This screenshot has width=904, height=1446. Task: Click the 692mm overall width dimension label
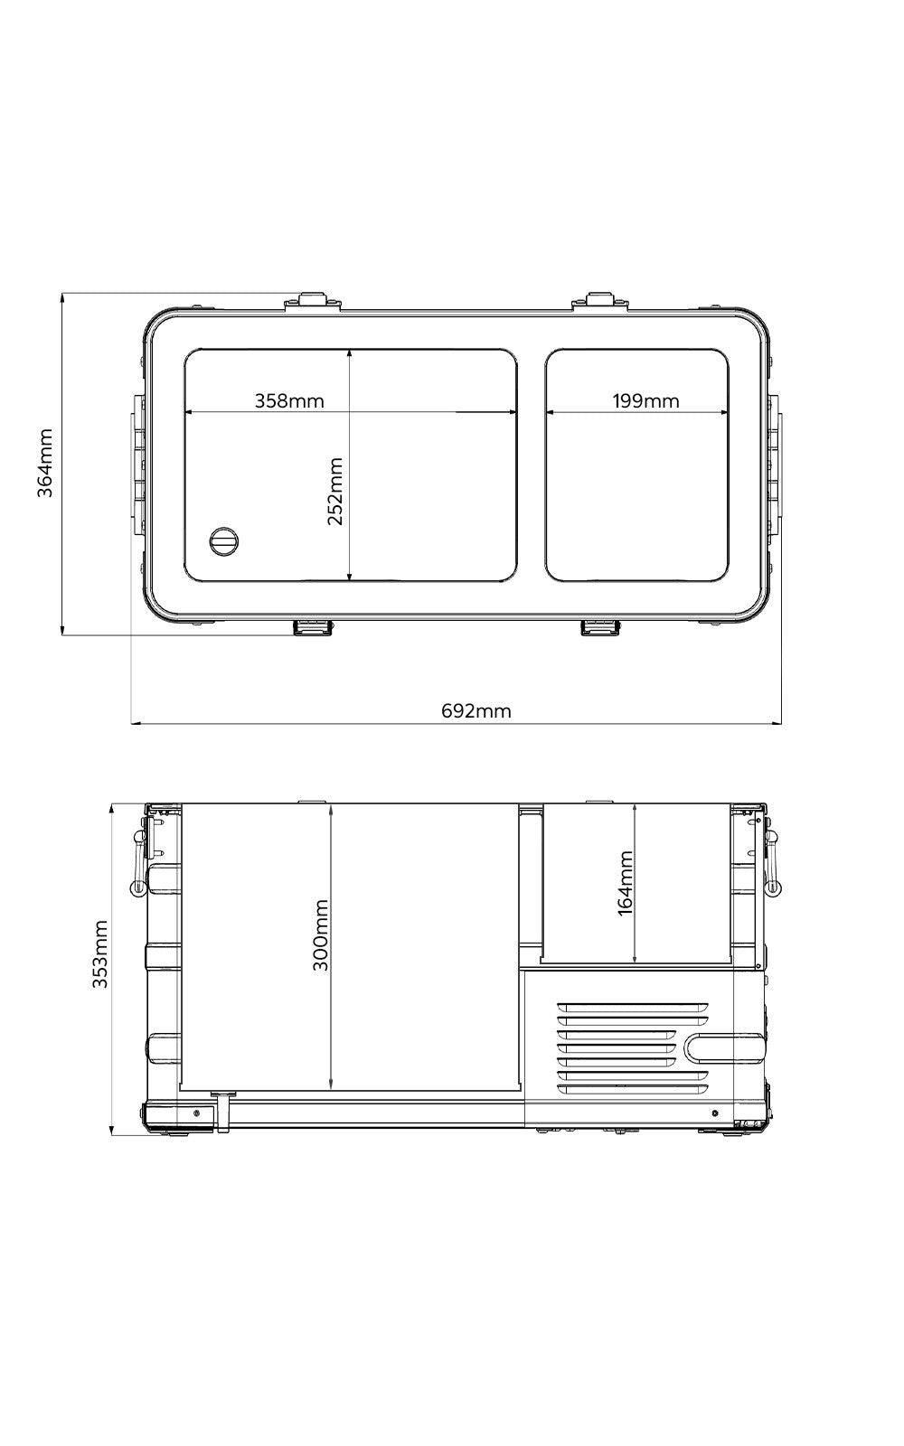click(x=476, y=711)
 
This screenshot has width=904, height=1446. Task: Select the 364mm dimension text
click(x=46, y=462)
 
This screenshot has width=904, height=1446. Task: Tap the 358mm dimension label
click(x=288, y=400)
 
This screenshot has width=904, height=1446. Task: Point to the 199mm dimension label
click(x=645, y=400)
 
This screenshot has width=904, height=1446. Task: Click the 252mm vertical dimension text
click(x=335, y=491)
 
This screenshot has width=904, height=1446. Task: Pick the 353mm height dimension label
click(x=100, y=954)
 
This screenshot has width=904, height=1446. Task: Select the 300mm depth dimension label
click(x=321, y=934)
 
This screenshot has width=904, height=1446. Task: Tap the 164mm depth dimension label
click(x=626, y=883)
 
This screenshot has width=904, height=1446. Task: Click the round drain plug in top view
click(x=223, y=541)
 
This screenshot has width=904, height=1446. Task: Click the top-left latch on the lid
click(x=313, y=301)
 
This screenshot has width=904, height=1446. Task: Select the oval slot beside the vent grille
click(x=723, y=1048)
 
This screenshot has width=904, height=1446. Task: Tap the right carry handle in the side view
click(x=772, y=862)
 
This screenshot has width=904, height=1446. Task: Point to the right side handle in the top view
click(x=776, y=464)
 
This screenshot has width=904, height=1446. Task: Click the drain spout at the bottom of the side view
click(x=222, y=1111)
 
